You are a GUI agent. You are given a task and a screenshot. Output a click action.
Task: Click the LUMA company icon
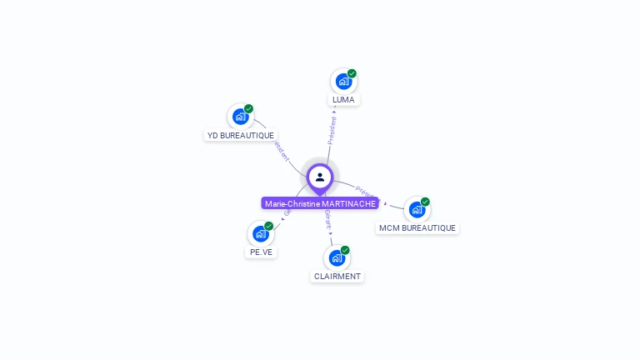click(342, 82)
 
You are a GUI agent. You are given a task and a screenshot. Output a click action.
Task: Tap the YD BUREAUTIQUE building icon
click(240, 117)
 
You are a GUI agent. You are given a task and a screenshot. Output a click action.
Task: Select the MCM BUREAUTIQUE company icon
click(417, 209)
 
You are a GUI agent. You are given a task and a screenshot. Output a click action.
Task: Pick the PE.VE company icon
click(260, 234)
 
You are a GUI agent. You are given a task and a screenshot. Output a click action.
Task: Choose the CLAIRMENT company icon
click(337, 257)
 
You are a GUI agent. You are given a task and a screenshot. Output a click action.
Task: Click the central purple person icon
click(320, 177)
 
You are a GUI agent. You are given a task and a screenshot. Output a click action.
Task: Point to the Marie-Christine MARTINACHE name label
click(320, 203)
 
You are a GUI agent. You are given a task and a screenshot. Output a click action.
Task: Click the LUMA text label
click(343, 100)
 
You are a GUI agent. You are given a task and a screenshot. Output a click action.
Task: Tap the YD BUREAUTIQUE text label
click(240, 135)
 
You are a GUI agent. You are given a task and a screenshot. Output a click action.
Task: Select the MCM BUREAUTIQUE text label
click(417, 227)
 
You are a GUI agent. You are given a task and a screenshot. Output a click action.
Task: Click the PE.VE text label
click(261, 252)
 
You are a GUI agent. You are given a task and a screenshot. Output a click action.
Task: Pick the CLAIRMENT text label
click(337, 276)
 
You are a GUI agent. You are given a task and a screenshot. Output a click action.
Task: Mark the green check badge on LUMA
click(352, 73)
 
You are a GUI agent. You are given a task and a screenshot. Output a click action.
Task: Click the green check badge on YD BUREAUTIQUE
click(248, 108)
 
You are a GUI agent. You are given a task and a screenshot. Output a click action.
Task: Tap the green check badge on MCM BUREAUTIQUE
click(425, 202)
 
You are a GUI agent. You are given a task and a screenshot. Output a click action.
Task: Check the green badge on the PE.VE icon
click(268, 226)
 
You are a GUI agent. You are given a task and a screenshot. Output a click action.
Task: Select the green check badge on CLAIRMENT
click(345, 249)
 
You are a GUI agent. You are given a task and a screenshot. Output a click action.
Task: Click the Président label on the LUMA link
click(332, 130)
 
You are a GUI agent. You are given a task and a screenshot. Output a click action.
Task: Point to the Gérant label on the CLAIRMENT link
click(328, 220)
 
